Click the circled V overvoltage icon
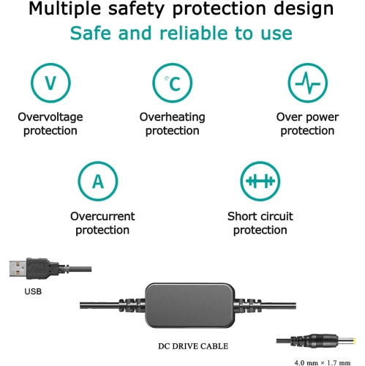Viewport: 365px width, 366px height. [50, 83]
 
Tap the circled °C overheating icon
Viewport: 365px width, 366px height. [172, 83]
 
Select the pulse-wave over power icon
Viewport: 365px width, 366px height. [306, 83]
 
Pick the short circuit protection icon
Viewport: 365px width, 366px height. [260, 182]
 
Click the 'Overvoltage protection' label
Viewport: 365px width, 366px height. [50, 124]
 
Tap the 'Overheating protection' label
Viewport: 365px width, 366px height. [172, 124]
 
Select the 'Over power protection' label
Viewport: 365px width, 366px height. [306, 124]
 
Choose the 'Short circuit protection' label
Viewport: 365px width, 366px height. [260, 223]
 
